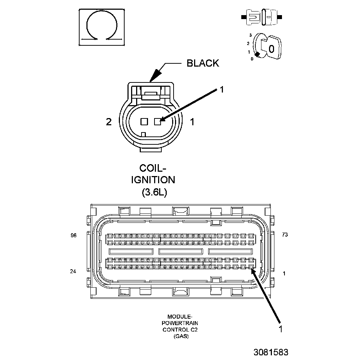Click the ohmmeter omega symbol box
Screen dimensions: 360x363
tap(102, 27)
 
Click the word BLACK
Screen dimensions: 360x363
tap(202, 63)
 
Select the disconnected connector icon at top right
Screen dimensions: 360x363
tap(262, 17)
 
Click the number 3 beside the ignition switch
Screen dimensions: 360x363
tap(250, 35)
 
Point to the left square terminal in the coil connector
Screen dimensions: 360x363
tap(144, 122)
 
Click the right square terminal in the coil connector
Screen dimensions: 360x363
tap(157, 122)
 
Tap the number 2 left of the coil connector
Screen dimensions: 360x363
tap(109, 122)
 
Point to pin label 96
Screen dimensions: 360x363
tap(74, 235)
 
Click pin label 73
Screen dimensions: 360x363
tap(285, 235)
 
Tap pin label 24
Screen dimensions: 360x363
tap(73, 271)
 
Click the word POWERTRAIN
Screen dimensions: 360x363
tap(180, 323)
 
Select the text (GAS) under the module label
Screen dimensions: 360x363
tap(180, 336)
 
